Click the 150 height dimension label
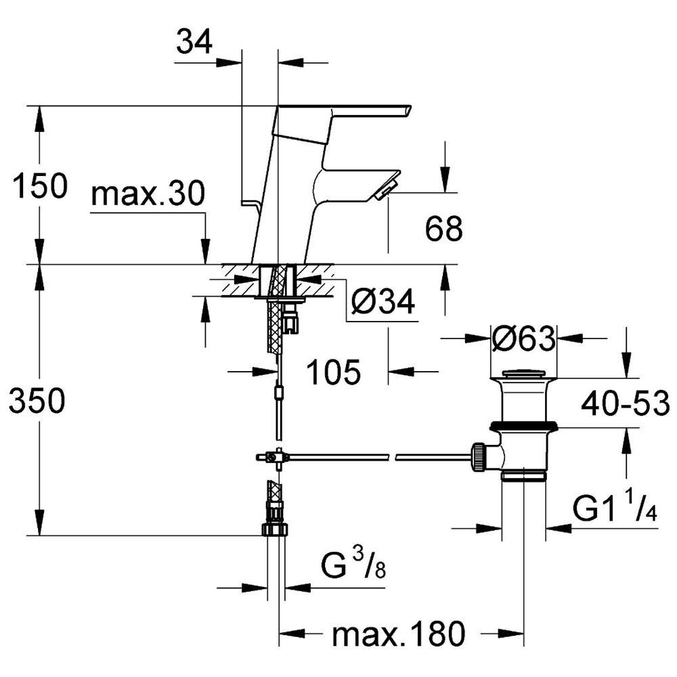coord(40,185)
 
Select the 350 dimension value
coord(37,400)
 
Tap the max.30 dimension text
coord(148,194)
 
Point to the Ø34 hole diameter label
coord(383,301)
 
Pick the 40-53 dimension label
coord(625,403)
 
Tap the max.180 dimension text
coord(399,634)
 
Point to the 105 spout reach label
coord(333,372)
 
